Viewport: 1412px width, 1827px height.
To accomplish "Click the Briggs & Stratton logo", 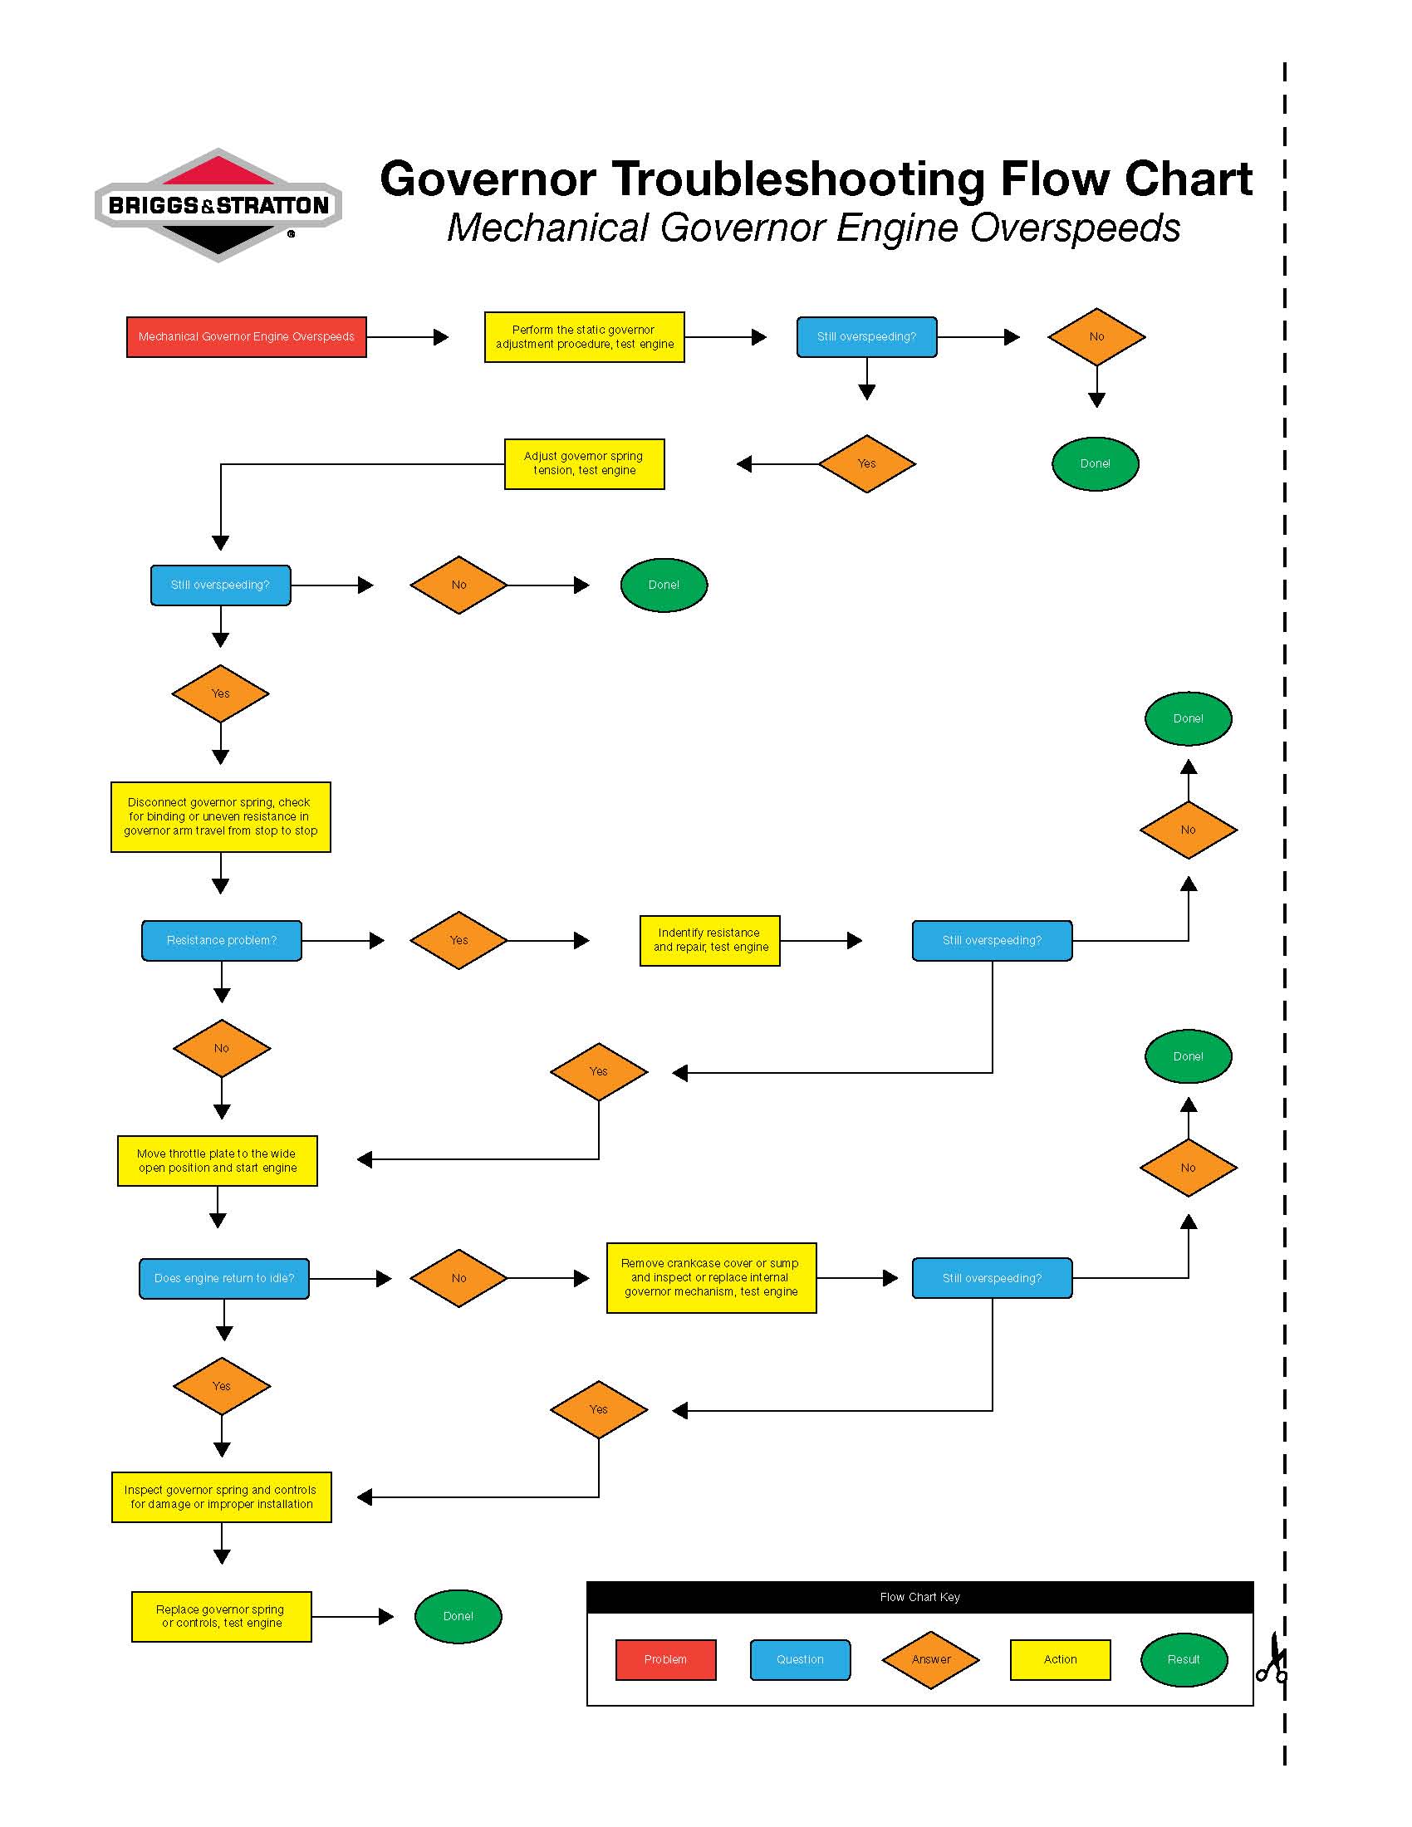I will [x=218, y=205].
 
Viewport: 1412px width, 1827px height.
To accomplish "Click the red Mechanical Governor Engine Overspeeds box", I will [x=246, y=337].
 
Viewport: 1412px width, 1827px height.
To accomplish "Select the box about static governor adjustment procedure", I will [x=584, y=337].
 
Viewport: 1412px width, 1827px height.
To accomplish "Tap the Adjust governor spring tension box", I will [x=584, y=463].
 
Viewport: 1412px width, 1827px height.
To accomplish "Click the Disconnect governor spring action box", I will [x=220, y=816].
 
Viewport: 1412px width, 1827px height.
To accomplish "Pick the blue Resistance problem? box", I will [x=221, y=940].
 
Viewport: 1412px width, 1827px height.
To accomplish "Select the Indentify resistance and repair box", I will [x=709, y=940].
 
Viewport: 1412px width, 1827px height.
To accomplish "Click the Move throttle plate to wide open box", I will [x=218, y=1160].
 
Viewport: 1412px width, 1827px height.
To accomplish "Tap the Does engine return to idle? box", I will [x=223, y=1278].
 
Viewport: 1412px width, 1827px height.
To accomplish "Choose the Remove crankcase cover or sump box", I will [x=710, y=1277].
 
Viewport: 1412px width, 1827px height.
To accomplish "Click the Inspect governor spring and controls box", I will [x=221, y=1496].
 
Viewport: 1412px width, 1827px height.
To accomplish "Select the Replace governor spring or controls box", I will [x=221, y=1616].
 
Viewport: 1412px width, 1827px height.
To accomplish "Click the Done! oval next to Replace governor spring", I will [x=458, y=1616].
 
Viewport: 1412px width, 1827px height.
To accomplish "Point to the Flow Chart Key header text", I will [x=919, y=1597].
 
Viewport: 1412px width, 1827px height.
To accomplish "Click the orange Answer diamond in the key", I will [x=930, y=1660].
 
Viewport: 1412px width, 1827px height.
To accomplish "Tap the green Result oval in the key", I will [x=1183, y=1660].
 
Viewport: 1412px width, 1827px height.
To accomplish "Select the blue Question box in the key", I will [x=800, y=1660].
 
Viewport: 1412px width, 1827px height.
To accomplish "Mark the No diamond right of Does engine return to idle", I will [x=458, y=1278].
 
